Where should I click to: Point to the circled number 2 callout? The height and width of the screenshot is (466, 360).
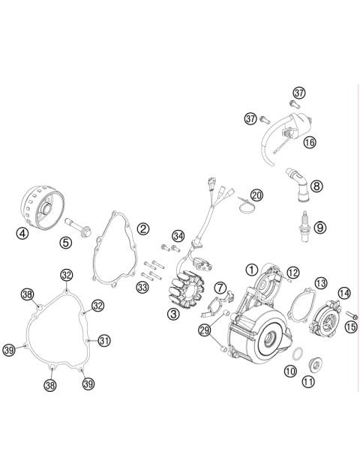point(142,228)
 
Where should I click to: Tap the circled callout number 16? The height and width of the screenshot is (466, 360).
point(309,142)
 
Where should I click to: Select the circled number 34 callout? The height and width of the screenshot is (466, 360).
point(177,236)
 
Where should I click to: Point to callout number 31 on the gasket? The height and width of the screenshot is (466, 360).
point(103,340)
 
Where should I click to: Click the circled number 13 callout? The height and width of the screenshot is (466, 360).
point(320,282)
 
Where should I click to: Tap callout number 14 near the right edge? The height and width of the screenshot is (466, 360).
point(343,293)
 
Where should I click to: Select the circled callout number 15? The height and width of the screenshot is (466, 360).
point(350,325)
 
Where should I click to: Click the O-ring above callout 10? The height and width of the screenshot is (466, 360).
point(297,354)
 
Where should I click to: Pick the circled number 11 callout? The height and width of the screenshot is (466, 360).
point(308,382)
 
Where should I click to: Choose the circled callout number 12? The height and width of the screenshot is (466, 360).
point(293,272)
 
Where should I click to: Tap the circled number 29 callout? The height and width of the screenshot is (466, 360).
point(204,330)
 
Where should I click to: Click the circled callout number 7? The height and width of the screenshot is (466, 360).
point(220,288)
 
